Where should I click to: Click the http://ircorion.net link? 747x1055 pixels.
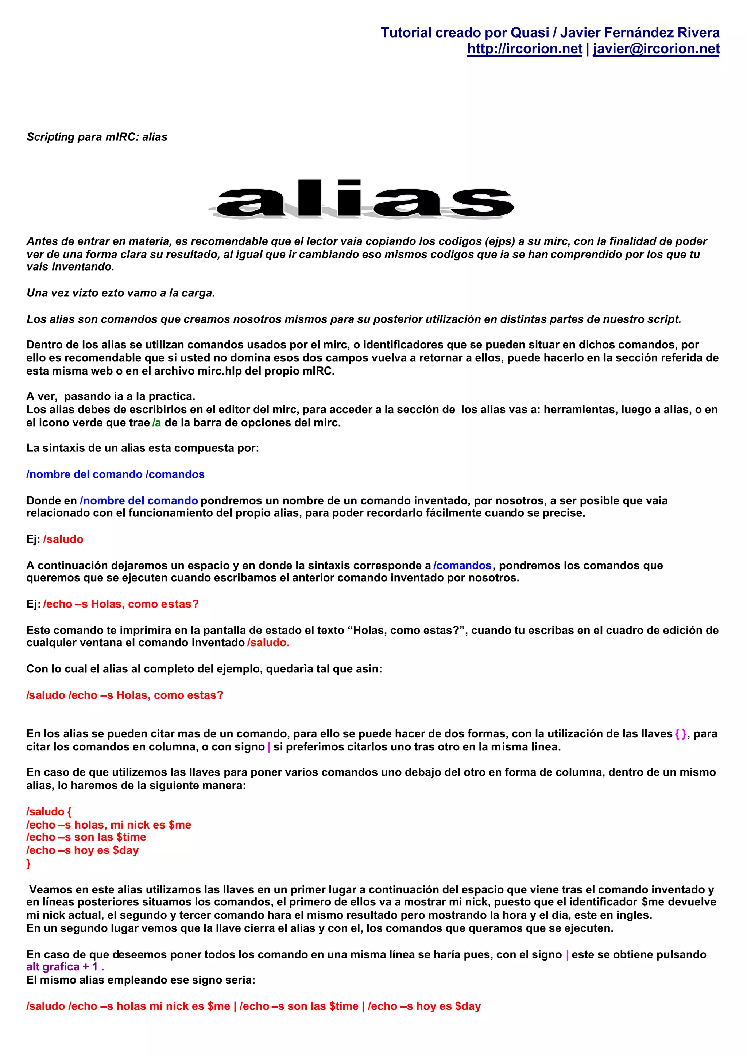click(525, 49)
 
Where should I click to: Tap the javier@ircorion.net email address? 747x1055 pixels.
click(656, 49)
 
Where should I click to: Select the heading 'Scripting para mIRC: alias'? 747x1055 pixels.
click(97, 137)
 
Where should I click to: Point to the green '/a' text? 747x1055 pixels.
click(157, 423)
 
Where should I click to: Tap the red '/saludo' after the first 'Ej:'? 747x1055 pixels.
click(63, 539)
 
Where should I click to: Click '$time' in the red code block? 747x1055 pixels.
click(132, 837)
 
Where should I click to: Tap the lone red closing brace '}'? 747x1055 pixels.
click(28, 863)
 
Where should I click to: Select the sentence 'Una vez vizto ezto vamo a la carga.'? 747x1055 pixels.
click(120, 293)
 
